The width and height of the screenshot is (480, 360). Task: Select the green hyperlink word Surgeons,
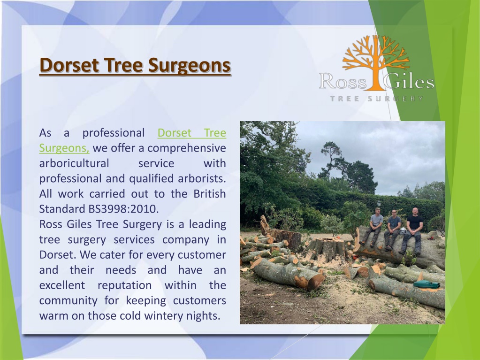64,148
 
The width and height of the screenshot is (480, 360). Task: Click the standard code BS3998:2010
123,209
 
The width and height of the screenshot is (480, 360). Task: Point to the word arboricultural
74,163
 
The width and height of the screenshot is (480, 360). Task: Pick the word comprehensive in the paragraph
187,148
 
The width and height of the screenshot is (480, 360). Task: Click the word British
210,194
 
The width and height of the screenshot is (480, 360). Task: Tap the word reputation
125,286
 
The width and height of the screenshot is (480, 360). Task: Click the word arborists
202,178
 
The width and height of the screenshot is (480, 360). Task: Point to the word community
68,300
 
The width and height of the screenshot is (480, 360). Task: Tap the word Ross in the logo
343,82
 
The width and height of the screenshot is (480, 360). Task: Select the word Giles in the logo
408,81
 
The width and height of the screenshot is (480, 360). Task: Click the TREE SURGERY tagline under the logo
377,99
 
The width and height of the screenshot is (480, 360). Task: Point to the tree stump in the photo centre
326,250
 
